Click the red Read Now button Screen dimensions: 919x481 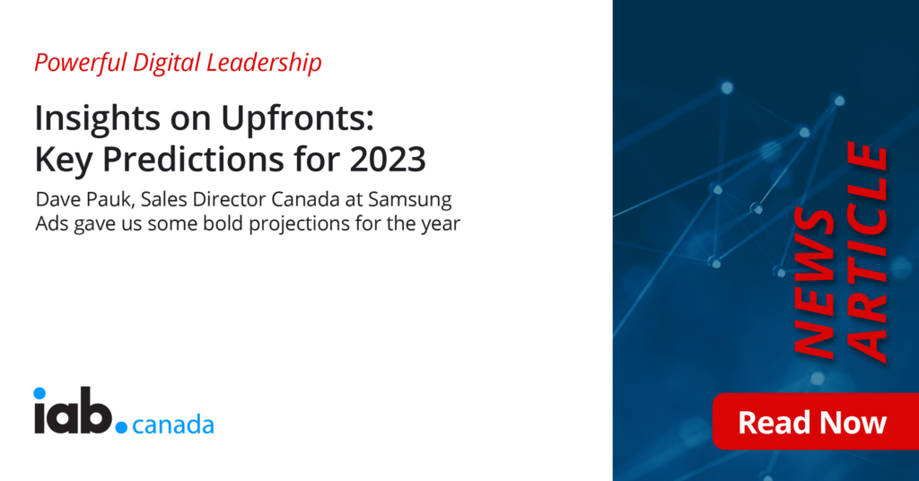pos(815,422)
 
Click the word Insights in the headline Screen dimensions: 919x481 pos(97,118)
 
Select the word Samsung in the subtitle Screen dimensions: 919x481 pos(409,201)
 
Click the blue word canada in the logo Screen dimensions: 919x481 pos(173,424)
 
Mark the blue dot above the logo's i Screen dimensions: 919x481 pos(39,393)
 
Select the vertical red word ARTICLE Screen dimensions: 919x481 pos(868,252)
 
